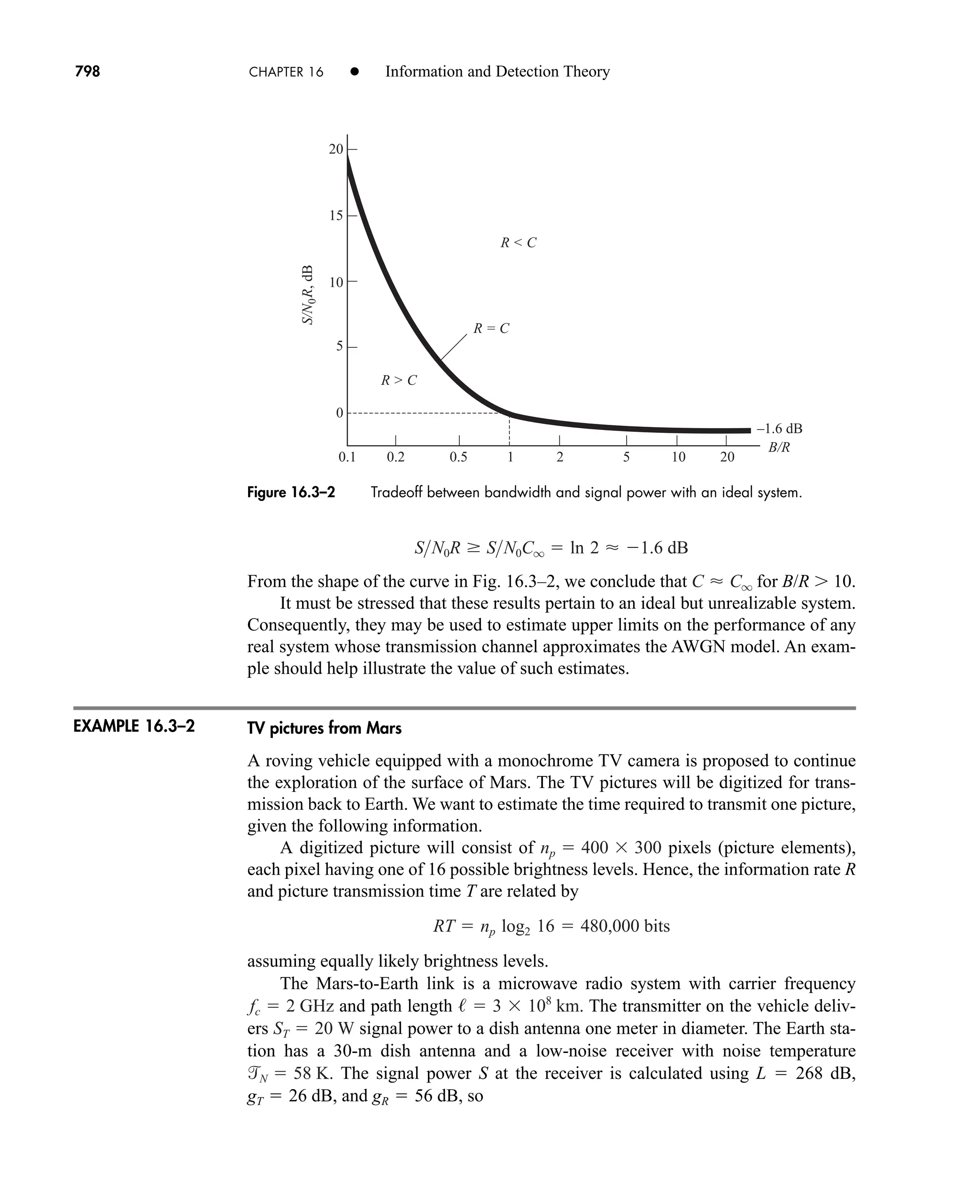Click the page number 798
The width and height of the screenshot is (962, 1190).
pyautogui.click(x=87, y=71)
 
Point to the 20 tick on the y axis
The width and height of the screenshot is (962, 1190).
pyautogui.click(x=336, y=149)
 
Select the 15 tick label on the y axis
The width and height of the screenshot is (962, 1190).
pyautogui.click(x=336, y=215)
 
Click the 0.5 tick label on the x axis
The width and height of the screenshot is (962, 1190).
pyautogui.click(x=458, y=457)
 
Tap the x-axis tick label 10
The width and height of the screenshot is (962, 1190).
pyautogui.click(x=678, y=457)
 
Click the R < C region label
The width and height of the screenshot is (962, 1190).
pyautogui.click(x=518, y=243)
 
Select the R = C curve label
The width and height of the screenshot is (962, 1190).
pyautogui.click(x=491, y=329)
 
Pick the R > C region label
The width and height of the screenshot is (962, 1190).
pyautogui.click(x=398, y=380)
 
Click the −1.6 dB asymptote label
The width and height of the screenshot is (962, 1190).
pyautogui.click(x=779, y=429)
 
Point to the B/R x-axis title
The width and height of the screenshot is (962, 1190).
pyautogui.click(x=779, y=447)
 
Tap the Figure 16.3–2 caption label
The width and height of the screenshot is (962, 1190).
pyautogui.click(x=291, y=492)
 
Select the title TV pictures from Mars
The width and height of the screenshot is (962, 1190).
pyautogui.click(x=324, y=728)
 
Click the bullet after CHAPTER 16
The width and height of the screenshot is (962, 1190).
pyautogui.click(x=355, y=72)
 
